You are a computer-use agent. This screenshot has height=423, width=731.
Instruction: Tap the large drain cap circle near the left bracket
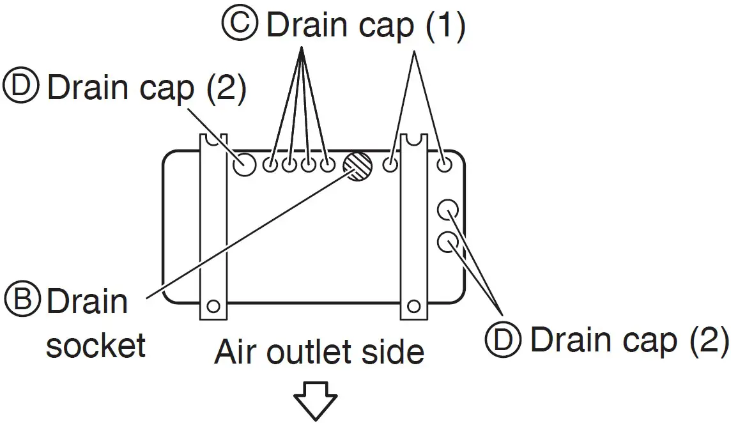pyautogui.click(x=243, y=164)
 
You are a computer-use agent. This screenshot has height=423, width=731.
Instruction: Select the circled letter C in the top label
pyautogui.click(x=240, y=25)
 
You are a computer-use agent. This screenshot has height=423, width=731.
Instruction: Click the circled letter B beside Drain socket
pyautogui.click(x=22, y=300)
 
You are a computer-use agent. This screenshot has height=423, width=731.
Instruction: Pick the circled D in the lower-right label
pyautogui.click(x=504, y=340)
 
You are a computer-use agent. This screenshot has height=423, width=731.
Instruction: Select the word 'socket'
pyautogui.click(x=96, y=346)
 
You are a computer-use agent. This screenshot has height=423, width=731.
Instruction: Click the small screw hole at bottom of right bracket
pyautogui.click(x=415, y=305)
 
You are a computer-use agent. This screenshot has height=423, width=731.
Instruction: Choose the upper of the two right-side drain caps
pyautogui.click(x=448, y=209)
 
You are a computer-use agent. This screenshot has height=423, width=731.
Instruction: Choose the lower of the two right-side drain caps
pyautogui.click(x=448, y=242)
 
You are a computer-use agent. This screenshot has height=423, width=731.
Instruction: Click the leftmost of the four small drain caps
pyautogui.click(x=270, y=165)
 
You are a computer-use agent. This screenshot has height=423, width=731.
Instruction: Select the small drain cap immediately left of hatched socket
pyautogui.click(x=327, y=165)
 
